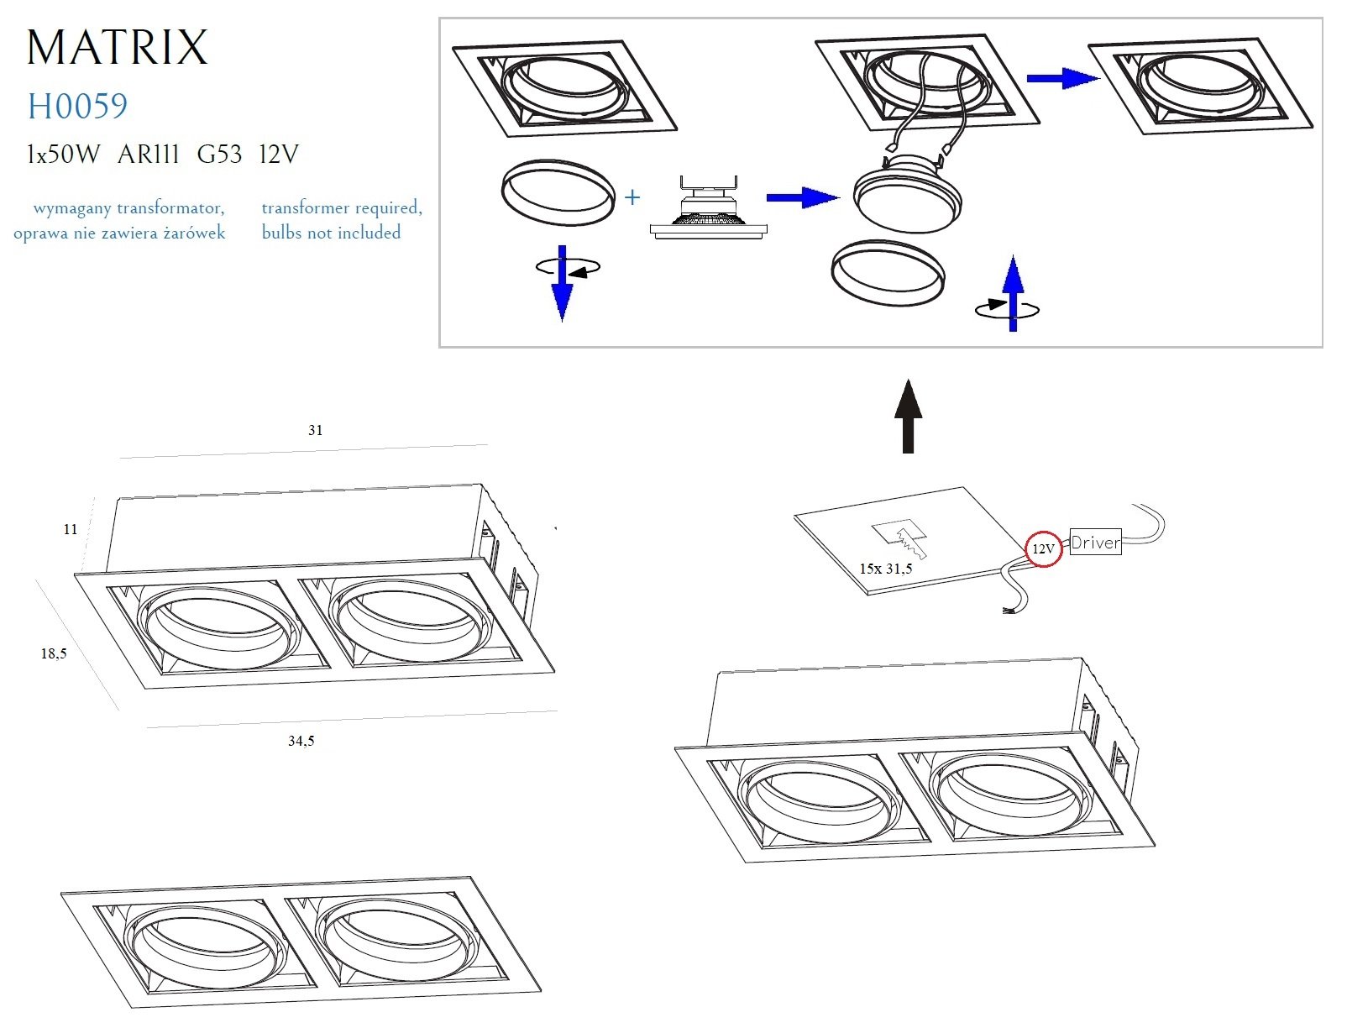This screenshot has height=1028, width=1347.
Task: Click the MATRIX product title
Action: tap(117, 47)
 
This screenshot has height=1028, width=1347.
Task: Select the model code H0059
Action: tap(77, 107)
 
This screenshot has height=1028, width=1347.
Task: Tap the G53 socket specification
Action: tap(219, 155)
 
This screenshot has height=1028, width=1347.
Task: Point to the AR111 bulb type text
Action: tap(149, 155)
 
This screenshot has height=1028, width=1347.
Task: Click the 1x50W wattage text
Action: tap(63, 155)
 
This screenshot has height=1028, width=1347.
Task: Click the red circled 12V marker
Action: tap(1043, 548)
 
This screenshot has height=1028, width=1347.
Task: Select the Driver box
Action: tap(1095, 543)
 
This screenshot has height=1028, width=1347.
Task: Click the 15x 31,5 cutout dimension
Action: tap(885, 569)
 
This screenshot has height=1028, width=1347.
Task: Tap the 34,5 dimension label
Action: tap(301, 741)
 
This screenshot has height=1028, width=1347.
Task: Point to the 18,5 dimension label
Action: tap(54, 653)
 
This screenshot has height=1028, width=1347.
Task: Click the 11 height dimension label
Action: tap(71, 529)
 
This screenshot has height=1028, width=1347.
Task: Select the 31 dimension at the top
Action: tap(315, 430)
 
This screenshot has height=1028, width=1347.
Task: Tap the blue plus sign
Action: tap(632, 197)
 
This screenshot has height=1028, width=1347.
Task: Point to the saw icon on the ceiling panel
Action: tap(904, 538)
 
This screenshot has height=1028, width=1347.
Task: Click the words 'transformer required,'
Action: tap(342, 207)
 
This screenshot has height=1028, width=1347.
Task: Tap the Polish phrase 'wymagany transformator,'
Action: tap(128, 207)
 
